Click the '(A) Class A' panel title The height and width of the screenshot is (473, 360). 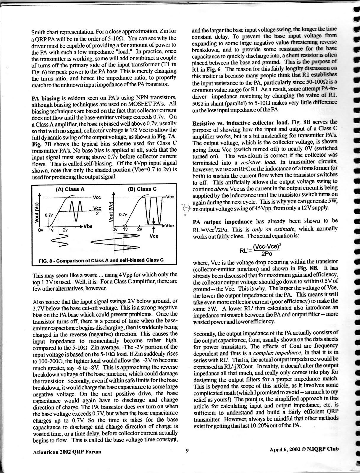tap(70, 189)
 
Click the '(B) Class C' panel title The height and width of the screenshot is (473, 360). tap(142, 189)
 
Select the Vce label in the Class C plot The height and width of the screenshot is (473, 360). tap(154, 237)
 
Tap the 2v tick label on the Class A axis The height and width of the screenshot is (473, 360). tap(65, 230)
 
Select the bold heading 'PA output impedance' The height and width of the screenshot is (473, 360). tap(222, 222)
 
